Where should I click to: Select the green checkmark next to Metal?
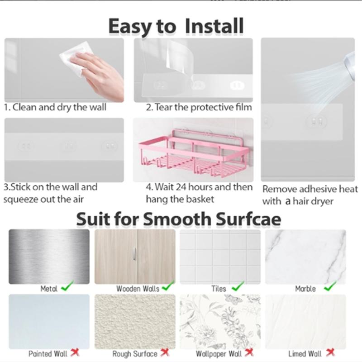coord(67,286)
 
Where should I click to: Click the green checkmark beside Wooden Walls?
coord(168,286)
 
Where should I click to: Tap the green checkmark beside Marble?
coord(330,286)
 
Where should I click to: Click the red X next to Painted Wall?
coord(74,352)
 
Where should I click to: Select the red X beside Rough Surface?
coord(165,352)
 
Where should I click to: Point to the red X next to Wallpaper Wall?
coord(249,352)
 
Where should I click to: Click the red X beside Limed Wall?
coord(330,352)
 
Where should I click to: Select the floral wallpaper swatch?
coord(220,321)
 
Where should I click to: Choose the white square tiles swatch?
coord(220,256)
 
